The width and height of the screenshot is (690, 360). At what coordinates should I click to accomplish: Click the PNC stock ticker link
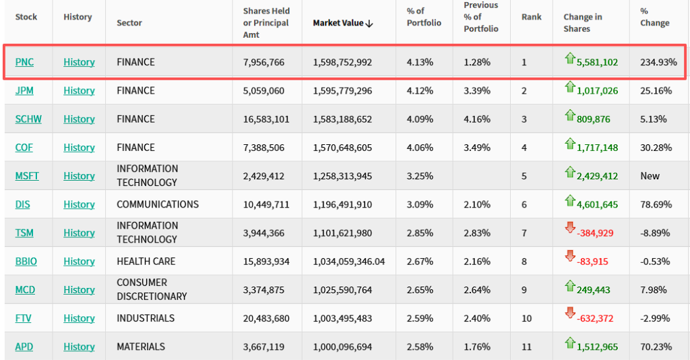pyautogui.click(x=24, y=62)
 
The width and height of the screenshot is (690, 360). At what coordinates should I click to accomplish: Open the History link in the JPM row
pyautogui.click(x=79, y=90)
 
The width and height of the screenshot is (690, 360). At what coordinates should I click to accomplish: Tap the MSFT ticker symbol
pyautogui.click(x=27, y=176)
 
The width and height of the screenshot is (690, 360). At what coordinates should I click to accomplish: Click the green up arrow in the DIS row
pyautogui.click(x=570, y=201)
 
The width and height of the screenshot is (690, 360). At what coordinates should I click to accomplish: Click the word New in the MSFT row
pyautogui.click(x=650, y=176)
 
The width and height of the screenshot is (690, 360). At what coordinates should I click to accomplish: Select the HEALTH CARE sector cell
pyautogui.click(x=146, y=261)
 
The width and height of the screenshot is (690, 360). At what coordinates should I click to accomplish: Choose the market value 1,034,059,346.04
pyautogui.click(x=349, y=261)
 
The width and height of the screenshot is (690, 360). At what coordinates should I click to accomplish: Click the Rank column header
pyautogui.click(x=531, y=17)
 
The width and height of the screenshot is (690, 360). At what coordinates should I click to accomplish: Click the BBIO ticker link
pyautogui.click(x=26, y=261)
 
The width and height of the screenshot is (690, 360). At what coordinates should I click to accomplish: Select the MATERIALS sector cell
pyautogui.click(x=141, y=347)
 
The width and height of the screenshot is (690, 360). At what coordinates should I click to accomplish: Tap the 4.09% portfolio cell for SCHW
pyautogui.click(x=420, y=119)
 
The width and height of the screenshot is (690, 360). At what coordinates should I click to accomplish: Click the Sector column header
pyautogui.click(x=129, y=23)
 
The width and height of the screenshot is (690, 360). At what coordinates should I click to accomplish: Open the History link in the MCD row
pyautogui.click(x=79, y=290)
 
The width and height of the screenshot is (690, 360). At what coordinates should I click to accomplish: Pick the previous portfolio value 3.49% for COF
pyautogui.click(x=477, y=147)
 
